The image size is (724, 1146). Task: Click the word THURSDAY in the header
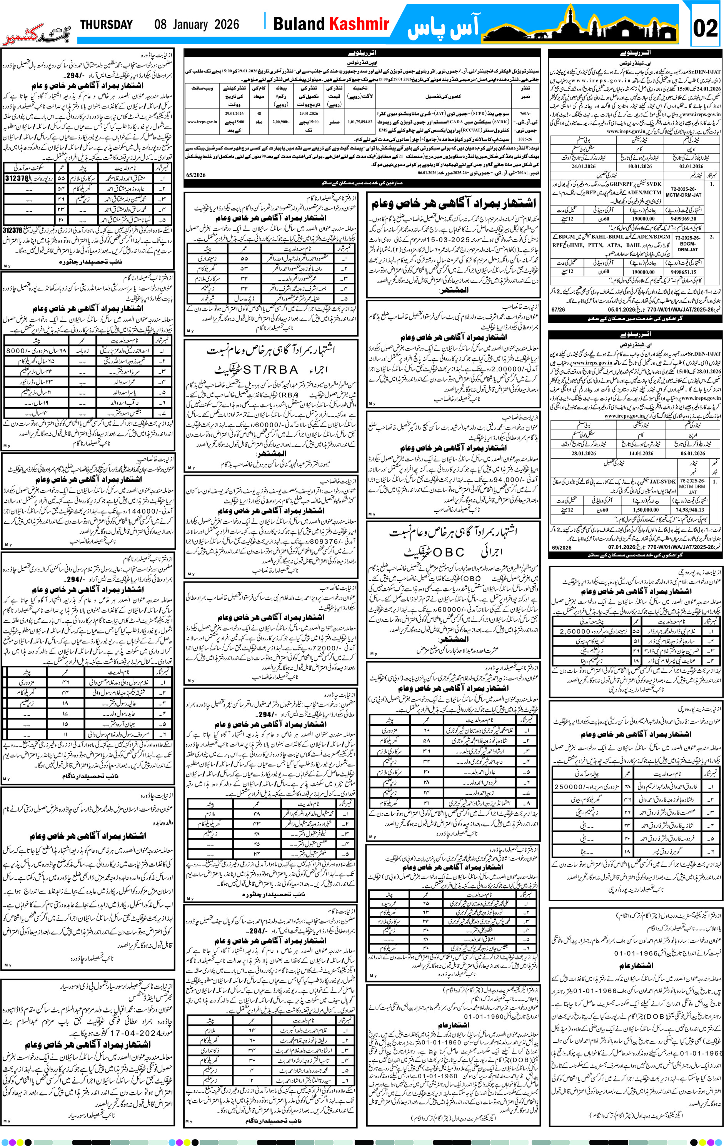pos(106,24)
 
